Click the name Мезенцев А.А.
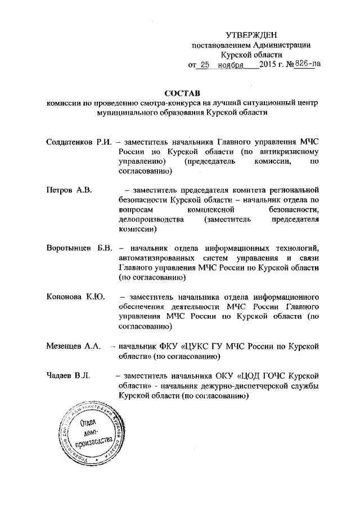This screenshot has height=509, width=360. (x=73, y=345)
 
